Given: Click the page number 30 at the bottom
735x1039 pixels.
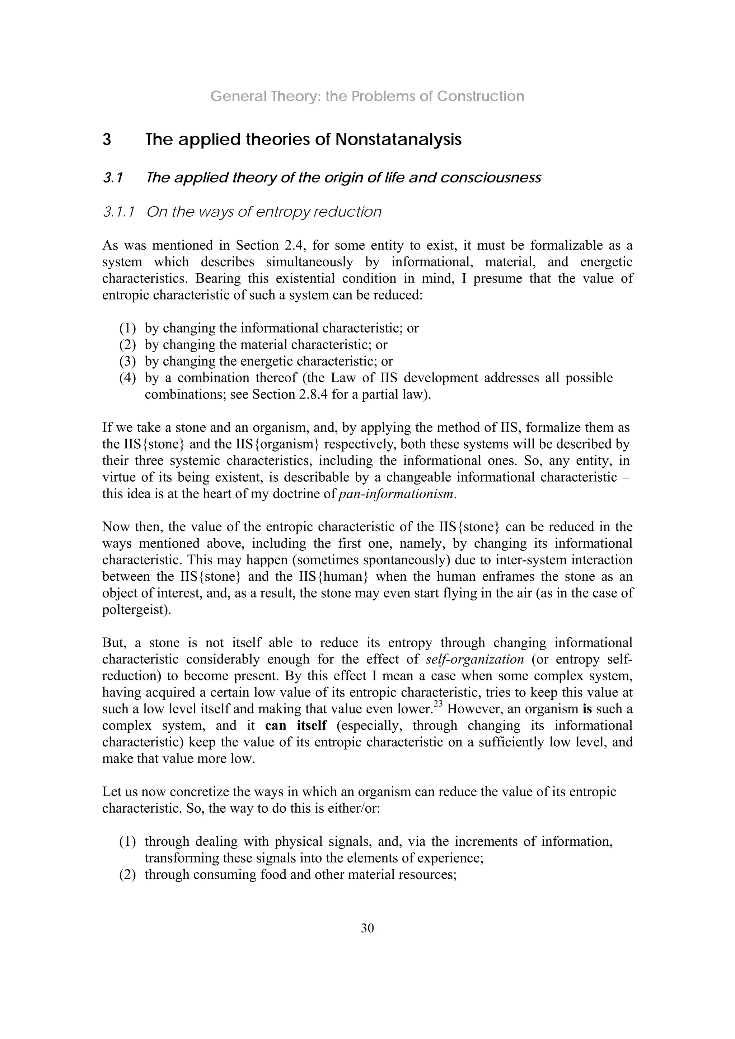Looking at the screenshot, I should [367, 928].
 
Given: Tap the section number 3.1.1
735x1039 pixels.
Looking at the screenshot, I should [119, 212].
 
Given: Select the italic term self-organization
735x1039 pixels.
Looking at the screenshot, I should [474, 659].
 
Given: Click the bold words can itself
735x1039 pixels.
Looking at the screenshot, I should [296, 726].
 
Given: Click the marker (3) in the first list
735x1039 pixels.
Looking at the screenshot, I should [128, 361].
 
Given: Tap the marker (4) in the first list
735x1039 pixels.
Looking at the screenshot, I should [128, 377].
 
